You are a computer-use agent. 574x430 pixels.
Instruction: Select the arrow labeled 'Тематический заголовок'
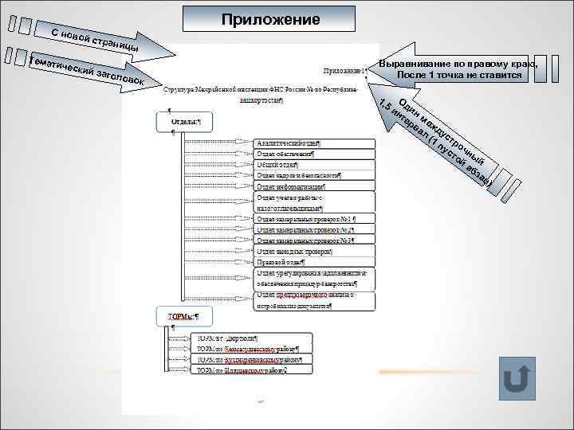click(88, 71)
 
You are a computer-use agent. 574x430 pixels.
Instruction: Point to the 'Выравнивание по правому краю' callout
click(458, 69)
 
